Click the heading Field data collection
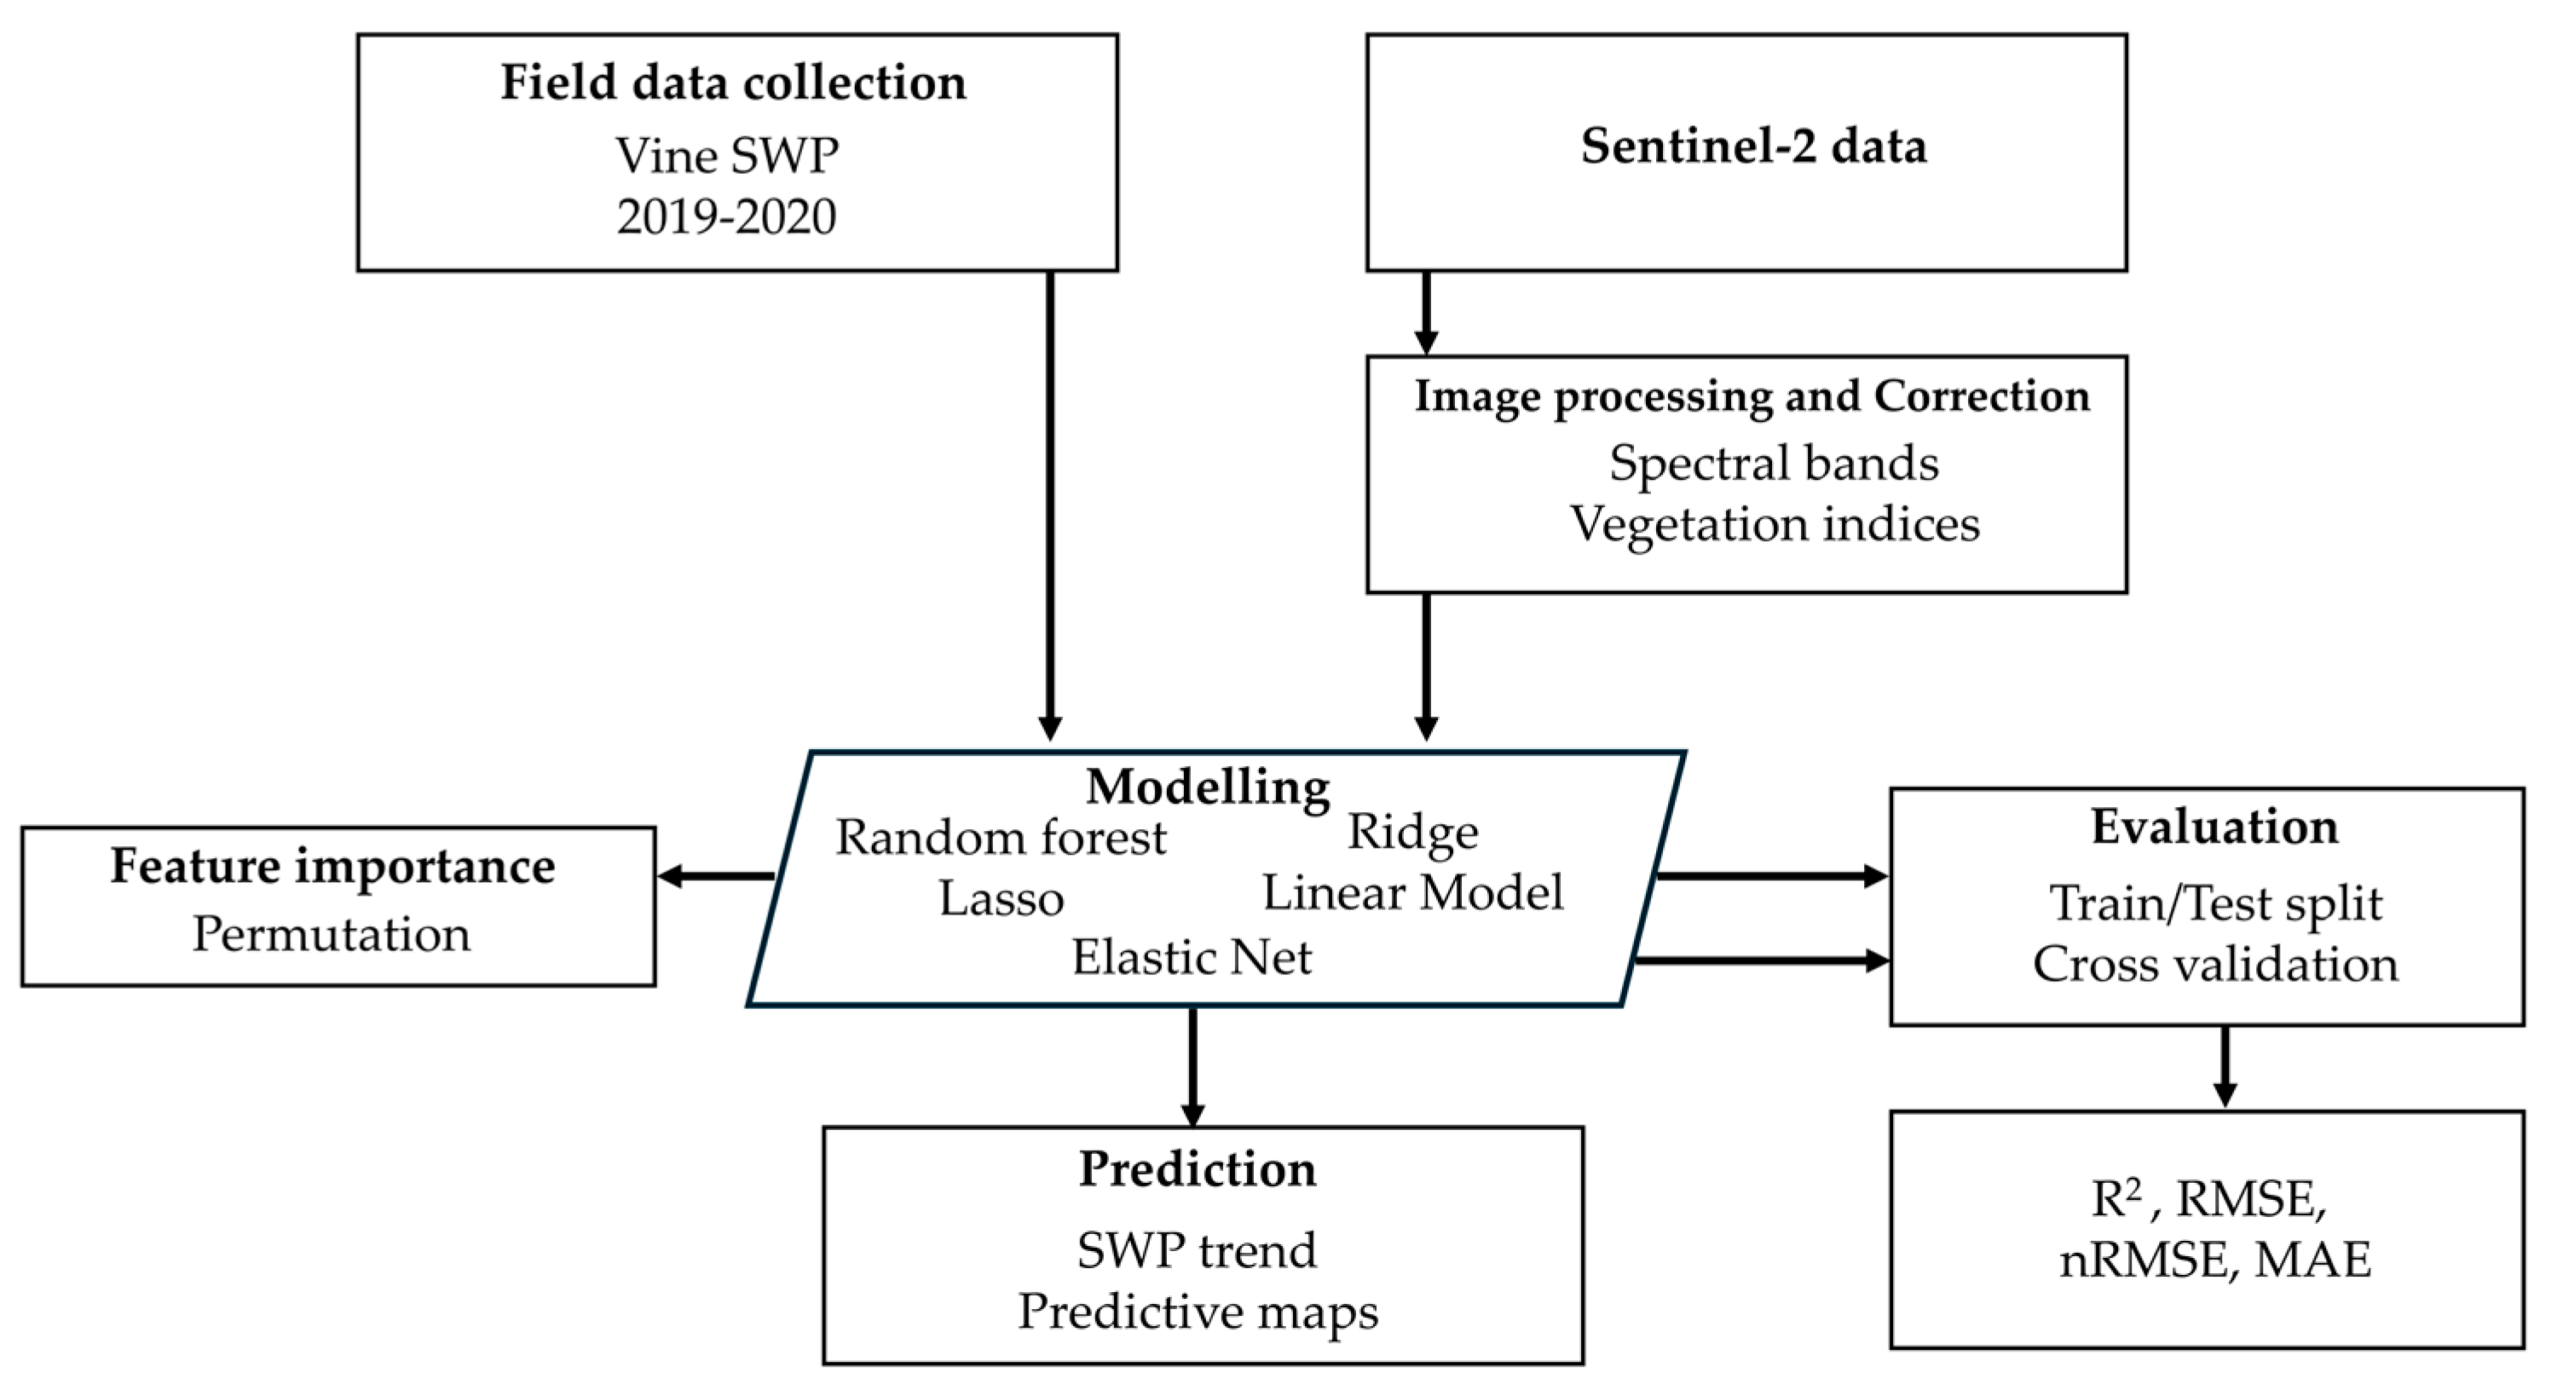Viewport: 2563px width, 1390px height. [x=732, y=83]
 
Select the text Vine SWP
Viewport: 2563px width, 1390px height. [x=726, y=156]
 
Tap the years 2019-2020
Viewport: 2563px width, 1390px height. [x=726, y=217]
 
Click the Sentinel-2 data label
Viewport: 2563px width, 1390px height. [x=1753, y=147]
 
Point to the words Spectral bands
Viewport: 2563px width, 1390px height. [x=1773, y=464]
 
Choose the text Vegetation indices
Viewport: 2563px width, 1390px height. [x=1774, y=524]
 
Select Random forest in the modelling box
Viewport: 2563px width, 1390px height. [x=1000, y=838]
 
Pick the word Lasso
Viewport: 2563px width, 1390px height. [x=1001, y=899]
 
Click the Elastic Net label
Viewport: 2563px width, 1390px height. [x=1191, y=958]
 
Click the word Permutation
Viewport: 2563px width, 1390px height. [x=331, y=934]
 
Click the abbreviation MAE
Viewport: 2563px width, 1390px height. [x=2312, y=1260]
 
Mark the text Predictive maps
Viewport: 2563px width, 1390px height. [x=1197, y=1312]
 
